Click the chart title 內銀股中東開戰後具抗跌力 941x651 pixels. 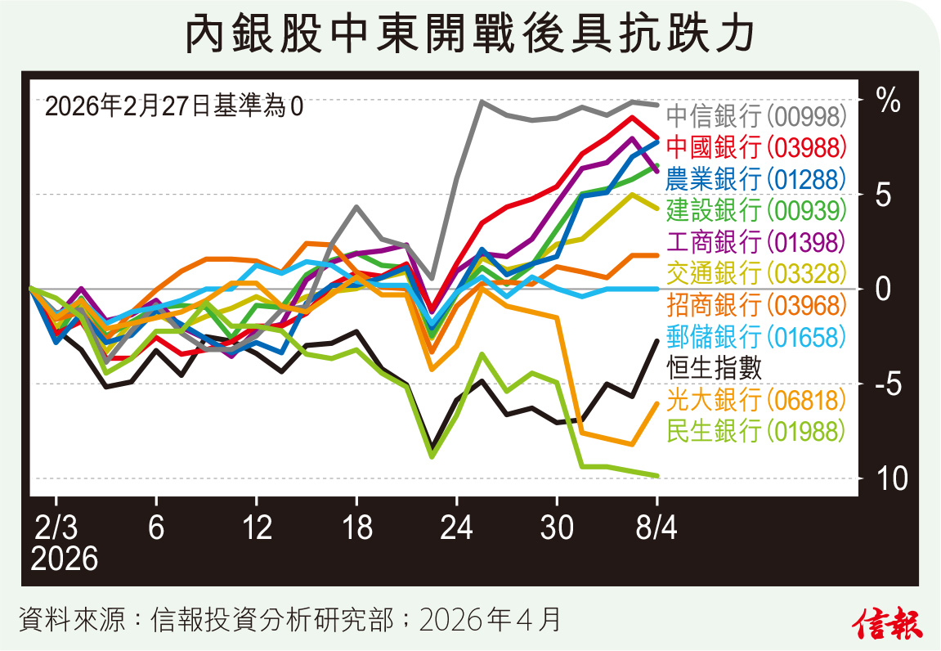pyautogui.click(x=469, y=34)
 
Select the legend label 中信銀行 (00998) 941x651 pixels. pyautogui.click(x=756, y=115)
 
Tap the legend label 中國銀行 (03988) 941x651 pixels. pyautogui.click(x=756, y=147)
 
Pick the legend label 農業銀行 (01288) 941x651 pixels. pyautogui.click(x=756, y=178)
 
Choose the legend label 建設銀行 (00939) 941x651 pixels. pyautogui.click(x=756, y=210)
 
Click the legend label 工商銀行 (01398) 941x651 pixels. pyautogui.click(x=756, y=242)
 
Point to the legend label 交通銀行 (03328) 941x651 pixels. pyautogui.click(x=756, y=273)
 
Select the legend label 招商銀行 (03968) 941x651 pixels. pyautogui.click(x=756, y=305)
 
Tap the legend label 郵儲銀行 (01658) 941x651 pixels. pyautogui.click(x=756, y=336)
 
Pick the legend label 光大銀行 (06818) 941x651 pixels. pyautogui.click(x=756, y=399)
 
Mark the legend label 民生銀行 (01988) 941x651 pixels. pyautogui.click(x=756, y=430)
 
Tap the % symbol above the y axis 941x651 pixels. pyautogui.click(x=888, y=100)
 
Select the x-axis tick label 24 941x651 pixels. pyautogui.click(x=457, y=529)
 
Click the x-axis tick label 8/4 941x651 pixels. pyautogui.click(x=656, y=529)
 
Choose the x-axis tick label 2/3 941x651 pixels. pyautogui.click(x=56, y=529)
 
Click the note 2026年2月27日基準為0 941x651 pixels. pyautogui.click(x=173, y=106)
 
